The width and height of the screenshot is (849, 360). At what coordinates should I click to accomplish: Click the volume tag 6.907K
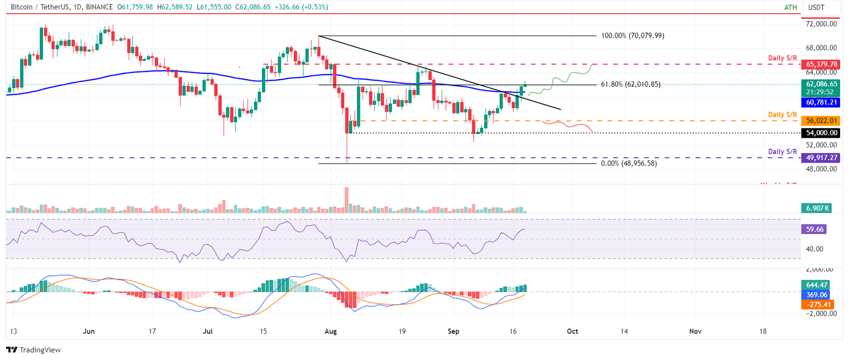(815, 208)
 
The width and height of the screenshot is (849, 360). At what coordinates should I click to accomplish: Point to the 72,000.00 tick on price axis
(824, 24)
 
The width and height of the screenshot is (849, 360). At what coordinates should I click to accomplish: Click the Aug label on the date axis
(331, 331)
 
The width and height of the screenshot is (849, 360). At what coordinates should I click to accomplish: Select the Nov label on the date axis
(695, 331)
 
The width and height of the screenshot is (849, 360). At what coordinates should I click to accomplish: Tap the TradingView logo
(33, 350)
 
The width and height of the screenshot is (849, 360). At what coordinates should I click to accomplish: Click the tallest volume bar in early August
(347, 200)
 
